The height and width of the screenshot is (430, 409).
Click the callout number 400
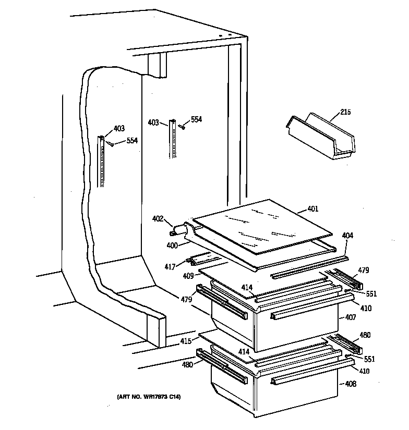coord(172,244)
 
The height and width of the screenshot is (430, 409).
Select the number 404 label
coord(347,236)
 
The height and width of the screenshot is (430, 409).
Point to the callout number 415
coord(185,341)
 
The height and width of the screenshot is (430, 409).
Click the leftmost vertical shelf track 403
coord(102,161)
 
